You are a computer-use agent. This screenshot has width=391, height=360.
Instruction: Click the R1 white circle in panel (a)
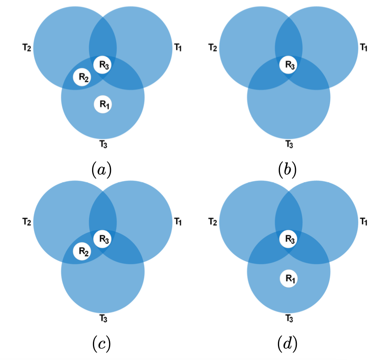pyautogui.click(x=102, y=105)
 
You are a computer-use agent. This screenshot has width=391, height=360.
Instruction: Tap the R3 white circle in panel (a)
pyautogui.click(x=102, y=64)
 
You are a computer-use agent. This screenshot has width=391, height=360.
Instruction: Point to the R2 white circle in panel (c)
pyautogui.click(x=81, y=251)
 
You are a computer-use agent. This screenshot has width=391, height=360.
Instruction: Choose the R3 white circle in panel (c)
pyautogui.click(x=102, y=238)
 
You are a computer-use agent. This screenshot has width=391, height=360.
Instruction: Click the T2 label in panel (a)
pyautogui.click(x=27, y=48)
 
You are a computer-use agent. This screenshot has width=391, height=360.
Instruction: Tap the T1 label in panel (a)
pyautogui.click(x=178, y=48)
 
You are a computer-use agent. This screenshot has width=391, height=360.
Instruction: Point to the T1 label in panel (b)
pyautogui.click(x=364, y=48)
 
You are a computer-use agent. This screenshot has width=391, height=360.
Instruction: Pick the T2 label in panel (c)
pyautogui.click(x=27, y=222)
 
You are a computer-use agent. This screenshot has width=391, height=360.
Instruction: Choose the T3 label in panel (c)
pyautogui.click(x=104, y=318)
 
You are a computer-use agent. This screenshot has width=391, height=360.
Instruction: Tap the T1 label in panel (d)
pyautogui.click(x=364, y=222)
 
